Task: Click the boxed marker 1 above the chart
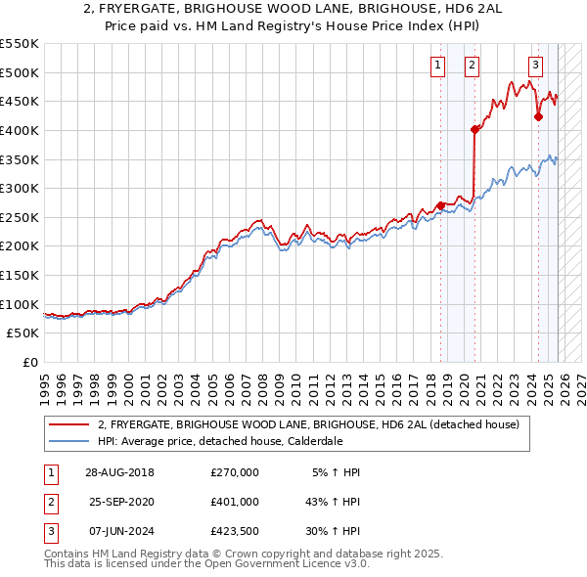436,66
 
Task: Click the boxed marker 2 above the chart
472,66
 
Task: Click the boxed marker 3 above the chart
535,66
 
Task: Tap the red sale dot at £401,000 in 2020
475,129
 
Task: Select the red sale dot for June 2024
538,116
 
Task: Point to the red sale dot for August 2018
440,205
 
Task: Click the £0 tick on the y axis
29,362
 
